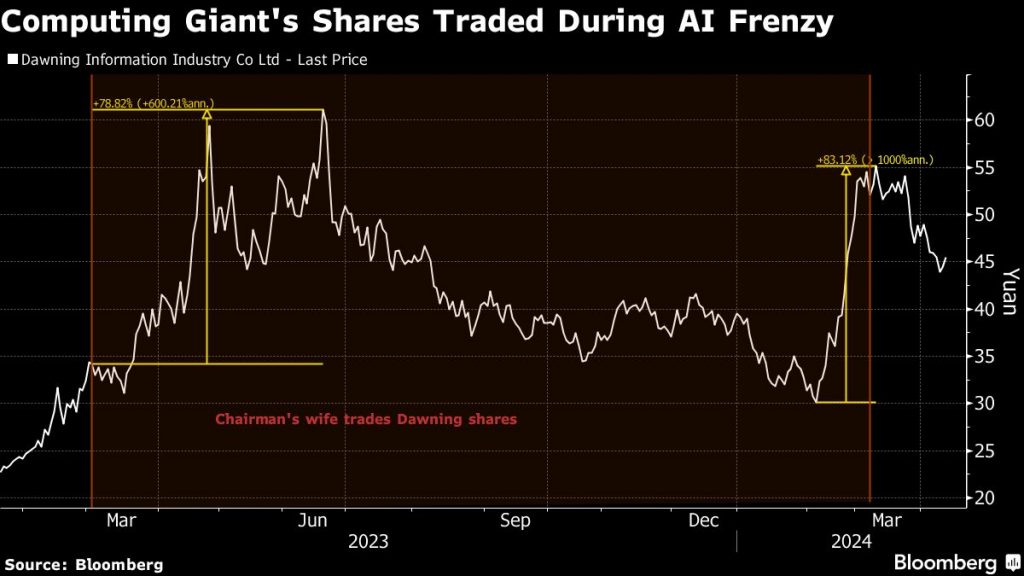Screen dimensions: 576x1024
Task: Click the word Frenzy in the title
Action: pyautogui.click(x=774, y=22)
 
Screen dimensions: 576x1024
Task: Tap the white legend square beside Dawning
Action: pyautogui.click(x=12, y=60)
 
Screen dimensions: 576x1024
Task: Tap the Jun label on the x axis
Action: pyautogui.click(x=314, y=520)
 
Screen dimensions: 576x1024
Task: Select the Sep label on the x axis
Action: pyautogui.click(x=514, y=520)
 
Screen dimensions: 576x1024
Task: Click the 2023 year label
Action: pyautogui.click(x=368, y=541)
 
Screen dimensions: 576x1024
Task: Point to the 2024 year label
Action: pyautogui.click(x=852, y=541)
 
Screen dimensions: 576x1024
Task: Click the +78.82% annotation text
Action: pyautogui.click(x=153, y=103)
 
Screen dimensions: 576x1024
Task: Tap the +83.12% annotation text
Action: pyautogui.click(x=875, y=159)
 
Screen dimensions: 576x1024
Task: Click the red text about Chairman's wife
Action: pyautogui.click(x=366, y=420)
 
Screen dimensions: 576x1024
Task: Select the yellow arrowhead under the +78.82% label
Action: pyautogui.click(x=207, y=116)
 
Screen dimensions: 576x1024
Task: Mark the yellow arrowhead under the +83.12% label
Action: pyautogui.click(x=846, y=171)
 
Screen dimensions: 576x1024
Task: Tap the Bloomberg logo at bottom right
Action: pyautogui.click(x=945, y=562)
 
